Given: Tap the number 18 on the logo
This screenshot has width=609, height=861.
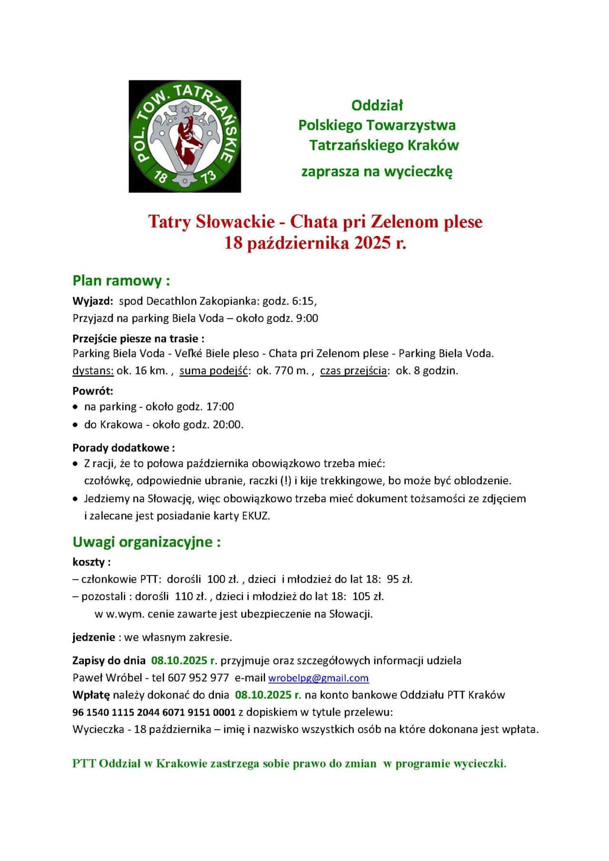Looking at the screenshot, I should pos(160,177).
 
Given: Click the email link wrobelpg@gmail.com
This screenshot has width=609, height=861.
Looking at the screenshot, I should pos(318,678).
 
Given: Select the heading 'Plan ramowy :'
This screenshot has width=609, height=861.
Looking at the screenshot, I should pos(121,281).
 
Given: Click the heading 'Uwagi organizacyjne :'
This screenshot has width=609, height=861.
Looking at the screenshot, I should pos(147,542).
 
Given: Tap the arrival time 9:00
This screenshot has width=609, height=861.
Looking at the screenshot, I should pos(307,318).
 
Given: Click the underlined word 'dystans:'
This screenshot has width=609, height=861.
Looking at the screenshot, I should pos(93,371).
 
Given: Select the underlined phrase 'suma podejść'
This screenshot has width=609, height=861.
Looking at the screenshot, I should pos(214,371).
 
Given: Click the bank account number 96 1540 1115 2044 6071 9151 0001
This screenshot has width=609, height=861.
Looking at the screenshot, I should pos(154,712).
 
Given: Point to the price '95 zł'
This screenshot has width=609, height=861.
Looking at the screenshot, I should pos(399,579).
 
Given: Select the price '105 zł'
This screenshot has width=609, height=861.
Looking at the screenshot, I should pos(368,596).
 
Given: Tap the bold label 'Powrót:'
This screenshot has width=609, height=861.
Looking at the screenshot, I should pos(93,391).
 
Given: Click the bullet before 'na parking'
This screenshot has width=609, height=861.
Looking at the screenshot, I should pos(75,407).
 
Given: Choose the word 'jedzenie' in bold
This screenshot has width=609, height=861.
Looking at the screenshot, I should pos(94,637).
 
